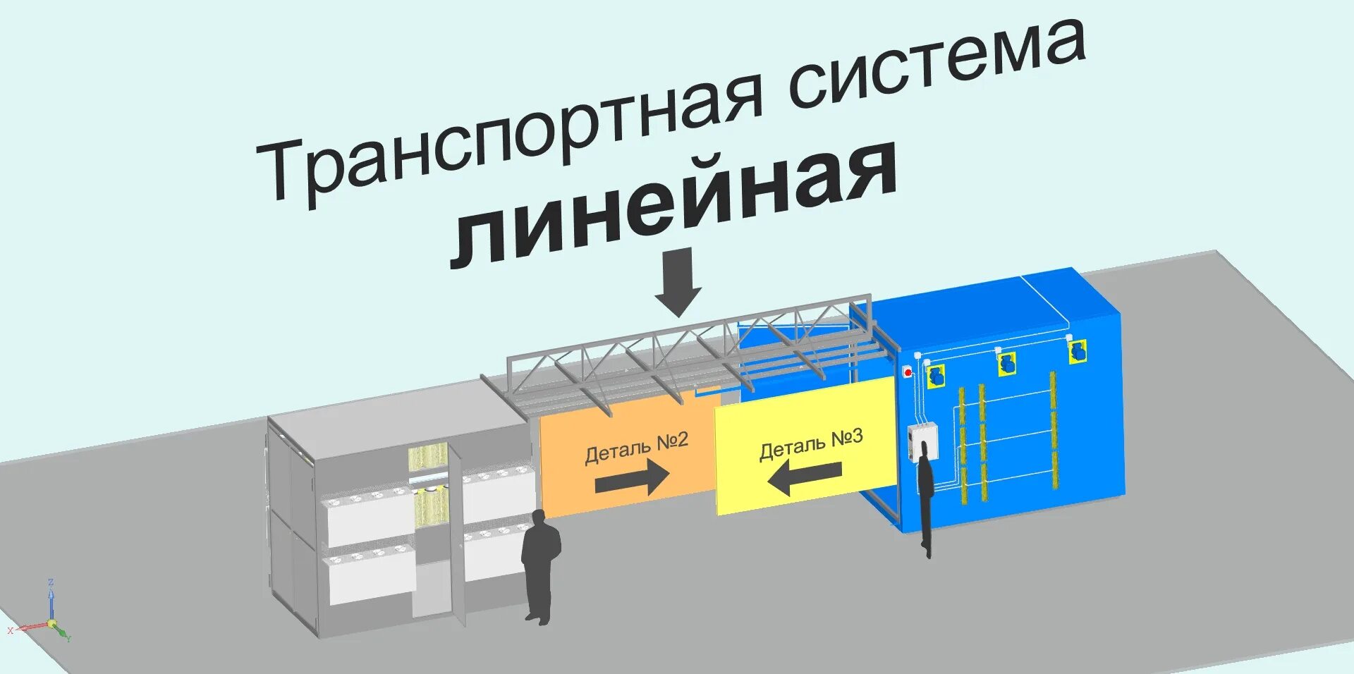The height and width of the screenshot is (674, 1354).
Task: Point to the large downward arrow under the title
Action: (x=678, y=282)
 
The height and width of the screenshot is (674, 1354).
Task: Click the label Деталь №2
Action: (x=636, y=447)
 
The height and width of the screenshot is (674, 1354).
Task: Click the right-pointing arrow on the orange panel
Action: (x=631, y=479)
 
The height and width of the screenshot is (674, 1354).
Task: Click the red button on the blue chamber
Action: (x=908, y=372)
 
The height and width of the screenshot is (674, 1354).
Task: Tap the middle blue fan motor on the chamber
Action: (x=1006, y=364)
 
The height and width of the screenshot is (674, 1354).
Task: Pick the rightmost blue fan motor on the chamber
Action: (x=1076, y=351)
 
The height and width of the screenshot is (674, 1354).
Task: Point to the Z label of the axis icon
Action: (x=51, y=582)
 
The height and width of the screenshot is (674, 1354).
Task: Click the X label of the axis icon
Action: (x=10, y=630)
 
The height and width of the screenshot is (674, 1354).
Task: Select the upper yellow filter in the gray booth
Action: (x=427, y=458)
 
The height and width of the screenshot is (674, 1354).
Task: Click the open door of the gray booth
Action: (x=458, y=536)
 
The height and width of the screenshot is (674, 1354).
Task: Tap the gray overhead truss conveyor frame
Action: (x=677, y=353)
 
